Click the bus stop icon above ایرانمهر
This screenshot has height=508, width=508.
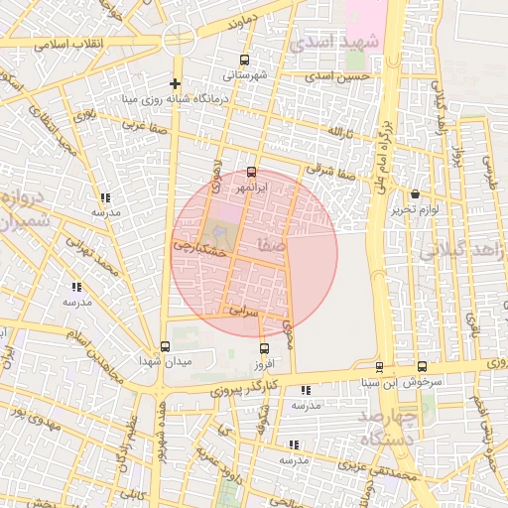250,172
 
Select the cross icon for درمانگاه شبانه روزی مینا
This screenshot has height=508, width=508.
176,83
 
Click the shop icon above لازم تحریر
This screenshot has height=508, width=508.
414,193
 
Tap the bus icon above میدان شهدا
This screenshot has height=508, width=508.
165,346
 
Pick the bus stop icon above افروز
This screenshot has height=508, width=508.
264,348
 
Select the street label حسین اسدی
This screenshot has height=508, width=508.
337,75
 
